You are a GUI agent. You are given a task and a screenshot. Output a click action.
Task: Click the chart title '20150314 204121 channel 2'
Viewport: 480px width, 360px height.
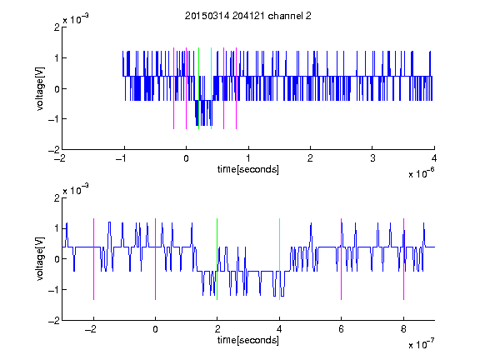[248, 16]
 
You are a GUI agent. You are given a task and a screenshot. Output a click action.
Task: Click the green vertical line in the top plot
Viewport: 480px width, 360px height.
[198, 88]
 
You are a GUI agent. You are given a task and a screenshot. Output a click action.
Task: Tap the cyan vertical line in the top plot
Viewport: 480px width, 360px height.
[211, 88]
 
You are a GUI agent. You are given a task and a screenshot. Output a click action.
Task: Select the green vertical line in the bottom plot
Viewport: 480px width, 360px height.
[217, 259]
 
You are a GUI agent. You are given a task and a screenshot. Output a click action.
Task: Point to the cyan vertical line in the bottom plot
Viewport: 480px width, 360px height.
[279, 259]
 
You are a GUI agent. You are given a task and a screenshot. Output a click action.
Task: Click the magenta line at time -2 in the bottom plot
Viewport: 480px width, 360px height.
[93, 259]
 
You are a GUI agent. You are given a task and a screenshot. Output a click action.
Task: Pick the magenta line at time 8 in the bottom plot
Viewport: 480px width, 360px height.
[404, 259]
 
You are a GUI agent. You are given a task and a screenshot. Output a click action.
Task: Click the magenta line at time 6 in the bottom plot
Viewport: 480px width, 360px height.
[342, 259]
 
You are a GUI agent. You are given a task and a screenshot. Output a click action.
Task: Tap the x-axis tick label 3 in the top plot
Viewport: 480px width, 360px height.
[372, 158]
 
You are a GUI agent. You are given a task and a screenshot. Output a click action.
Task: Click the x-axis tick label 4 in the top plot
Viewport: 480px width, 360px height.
[434, 158]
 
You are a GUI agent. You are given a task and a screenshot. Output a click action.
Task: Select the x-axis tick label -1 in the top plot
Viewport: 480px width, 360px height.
[122, 158]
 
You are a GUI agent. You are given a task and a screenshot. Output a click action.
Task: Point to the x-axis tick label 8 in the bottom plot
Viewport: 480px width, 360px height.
[403, 329]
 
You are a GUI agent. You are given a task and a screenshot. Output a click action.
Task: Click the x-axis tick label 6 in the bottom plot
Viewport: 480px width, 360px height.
[342, 329]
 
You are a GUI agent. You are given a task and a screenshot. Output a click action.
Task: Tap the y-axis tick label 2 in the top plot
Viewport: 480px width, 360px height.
[57, 27]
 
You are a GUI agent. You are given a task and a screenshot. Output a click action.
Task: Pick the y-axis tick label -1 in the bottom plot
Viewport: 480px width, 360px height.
[54, 290]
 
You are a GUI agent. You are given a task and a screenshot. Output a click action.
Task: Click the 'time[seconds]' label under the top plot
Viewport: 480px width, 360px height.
[248, 169]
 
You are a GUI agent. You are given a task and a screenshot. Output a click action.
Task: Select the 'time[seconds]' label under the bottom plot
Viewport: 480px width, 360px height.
[248, 340]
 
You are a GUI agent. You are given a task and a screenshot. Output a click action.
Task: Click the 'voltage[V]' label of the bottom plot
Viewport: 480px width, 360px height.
[40, 259]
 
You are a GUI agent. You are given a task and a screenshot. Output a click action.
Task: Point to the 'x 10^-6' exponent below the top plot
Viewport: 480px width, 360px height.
[421, 173]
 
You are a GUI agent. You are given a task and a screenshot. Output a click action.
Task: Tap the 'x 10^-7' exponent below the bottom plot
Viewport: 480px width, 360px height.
[421, 344]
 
